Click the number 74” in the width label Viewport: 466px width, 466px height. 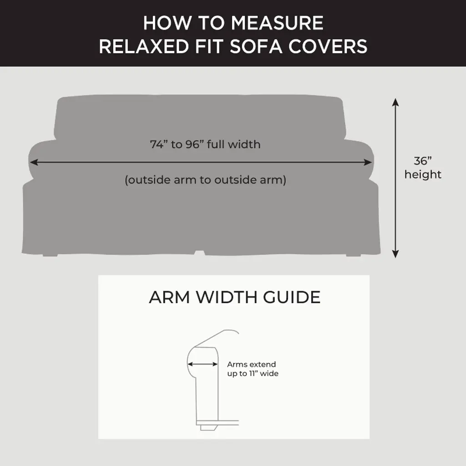(159, 145)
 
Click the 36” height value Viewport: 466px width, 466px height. (422, 161)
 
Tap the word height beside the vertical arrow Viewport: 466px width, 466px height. (423, 174)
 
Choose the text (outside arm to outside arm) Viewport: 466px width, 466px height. (205, 180)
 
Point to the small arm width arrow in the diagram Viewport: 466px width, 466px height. (203, 364)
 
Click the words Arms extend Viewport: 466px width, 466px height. (251, 365)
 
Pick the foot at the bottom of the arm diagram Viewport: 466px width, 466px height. (208, 427)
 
